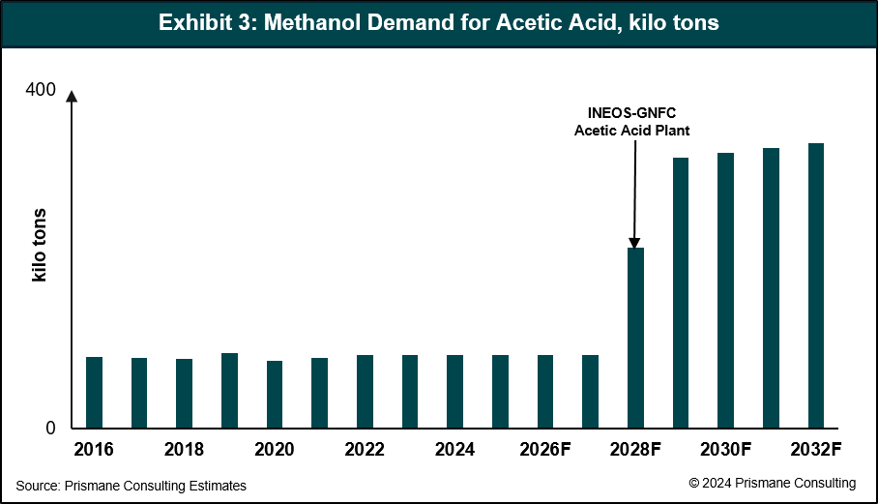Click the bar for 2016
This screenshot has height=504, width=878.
tap(94, 392)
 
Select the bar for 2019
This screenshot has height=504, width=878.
tap(229, 390)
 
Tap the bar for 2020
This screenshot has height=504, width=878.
tap(275, 394)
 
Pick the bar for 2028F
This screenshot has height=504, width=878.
tap(635, 338)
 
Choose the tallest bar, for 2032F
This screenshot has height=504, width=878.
tap(816, 285)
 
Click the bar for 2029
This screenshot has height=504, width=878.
tap(681, 292)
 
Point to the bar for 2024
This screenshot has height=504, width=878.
tap(454, 391)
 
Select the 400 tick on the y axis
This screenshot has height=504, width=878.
tap(41, 90)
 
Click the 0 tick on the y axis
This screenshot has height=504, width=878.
tap(50, 429)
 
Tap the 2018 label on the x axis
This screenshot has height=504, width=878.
tap(184, 450)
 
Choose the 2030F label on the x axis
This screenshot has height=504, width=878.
tap(726, 450)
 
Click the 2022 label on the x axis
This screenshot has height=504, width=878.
tap(365, 450)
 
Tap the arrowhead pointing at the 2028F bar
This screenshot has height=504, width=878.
tap(635, 243)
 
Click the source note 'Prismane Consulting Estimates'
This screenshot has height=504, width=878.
tap(132, 486)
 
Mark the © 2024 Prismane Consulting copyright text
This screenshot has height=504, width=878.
tap(772, 483)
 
